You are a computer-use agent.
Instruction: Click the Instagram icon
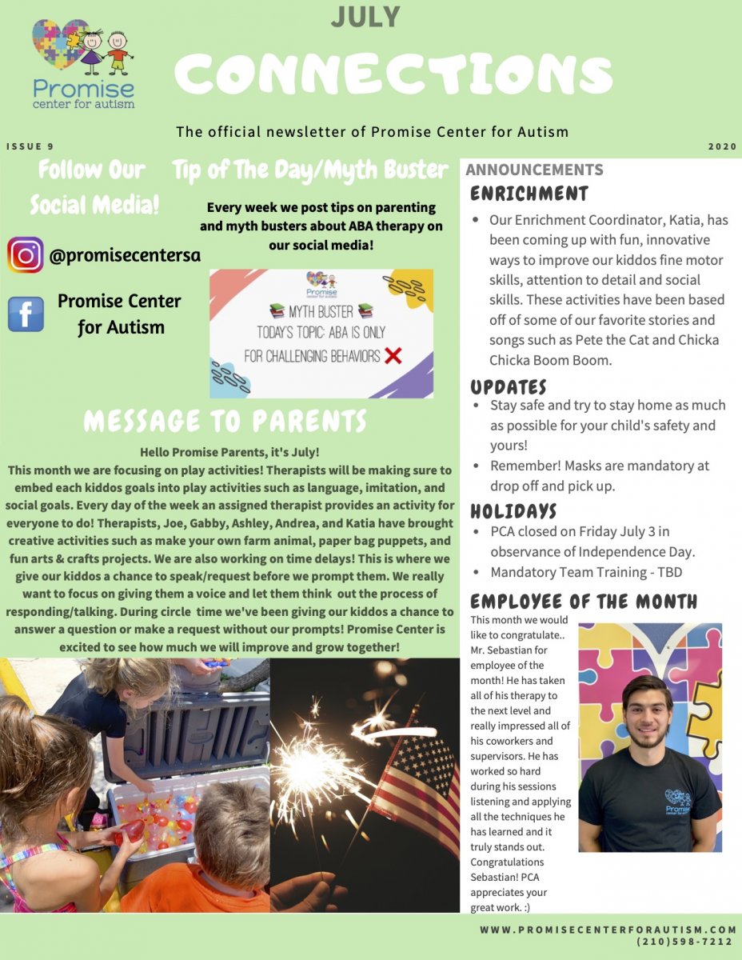pos(26,256)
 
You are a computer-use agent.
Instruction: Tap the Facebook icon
pos(26,314)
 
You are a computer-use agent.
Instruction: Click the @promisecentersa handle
pos(125,256)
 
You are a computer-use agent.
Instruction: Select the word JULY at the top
pos(365,16)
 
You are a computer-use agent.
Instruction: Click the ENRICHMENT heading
pos(529,194)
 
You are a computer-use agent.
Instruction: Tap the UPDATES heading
pos(509,386)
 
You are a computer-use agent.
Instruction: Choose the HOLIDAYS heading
pos(513,510)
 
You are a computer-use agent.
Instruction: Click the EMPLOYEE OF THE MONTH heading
pos(584,602)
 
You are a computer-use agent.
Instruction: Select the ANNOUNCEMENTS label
pos(534,170)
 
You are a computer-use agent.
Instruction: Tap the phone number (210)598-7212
pos(686,942)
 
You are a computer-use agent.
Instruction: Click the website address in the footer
pos(608,930)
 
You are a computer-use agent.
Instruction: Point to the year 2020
pos(722,147)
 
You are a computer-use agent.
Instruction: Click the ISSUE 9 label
pos(30,147)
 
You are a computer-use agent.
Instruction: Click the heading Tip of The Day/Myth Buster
pos(310,170)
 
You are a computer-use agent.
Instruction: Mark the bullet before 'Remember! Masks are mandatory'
pos(476,466)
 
